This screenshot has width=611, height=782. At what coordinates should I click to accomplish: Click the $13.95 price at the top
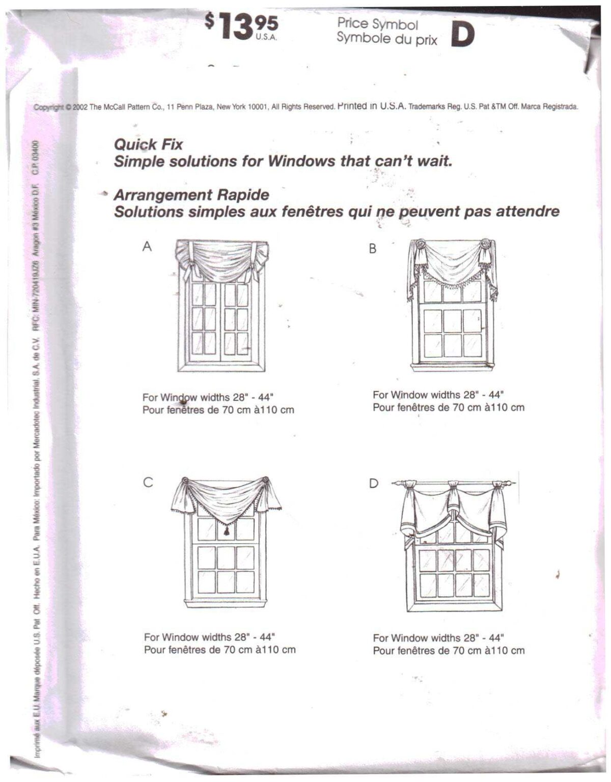coord(241,26)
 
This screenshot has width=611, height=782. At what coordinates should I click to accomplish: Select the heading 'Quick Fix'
coord(148,145)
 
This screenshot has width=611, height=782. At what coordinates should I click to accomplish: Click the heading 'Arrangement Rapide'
coord(191,195)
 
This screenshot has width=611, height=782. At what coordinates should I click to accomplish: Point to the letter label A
coord(147,247)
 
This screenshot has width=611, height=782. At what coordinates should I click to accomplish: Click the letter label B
coord(373,249)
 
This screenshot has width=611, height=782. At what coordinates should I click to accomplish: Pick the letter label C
coord(148,482)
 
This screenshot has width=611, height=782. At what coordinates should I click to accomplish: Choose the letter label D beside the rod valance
coord(374,483)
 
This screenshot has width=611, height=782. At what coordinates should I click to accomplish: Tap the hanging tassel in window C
coord(226,531)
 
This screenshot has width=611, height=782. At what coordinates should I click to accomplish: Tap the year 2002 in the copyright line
coord(80,107)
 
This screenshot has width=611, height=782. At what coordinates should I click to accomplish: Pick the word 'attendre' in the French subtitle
coord(527,211)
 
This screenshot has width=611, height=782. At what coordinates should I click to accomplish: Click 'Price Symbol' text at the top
coord(377,24)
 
